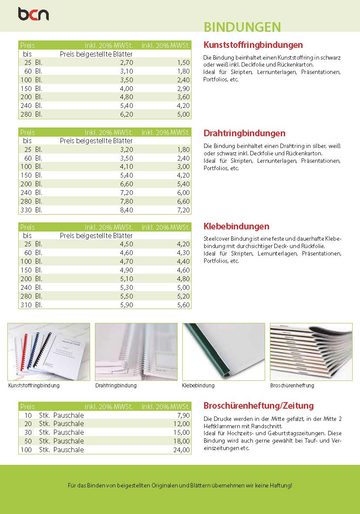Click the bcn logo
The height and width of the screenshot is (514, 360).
click(x=33, y=14)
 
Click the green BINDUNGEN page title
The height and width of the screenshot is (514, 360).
click(x=242, y=27)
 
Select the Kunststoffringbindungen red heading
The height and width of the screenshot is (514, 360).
click(x=253, y=45)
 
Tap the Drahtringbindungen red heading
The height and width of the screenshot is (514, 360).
click(x=244, y=133)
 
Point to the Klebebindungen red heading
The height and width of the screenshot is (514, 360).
click(x=236, y=226)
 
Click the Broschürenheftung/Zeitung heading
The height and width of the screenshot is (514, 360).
click(x=259, y=406)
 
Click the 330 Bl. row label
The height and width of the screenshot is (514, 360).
click(x=31, y=210)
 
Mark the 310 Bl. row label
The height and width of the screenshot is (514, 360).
click(x=31, y=305)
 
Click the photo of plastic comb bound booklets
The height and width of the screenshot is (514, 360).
click(x=49, y=352)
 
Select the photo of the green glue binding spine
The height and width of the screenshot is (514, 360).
click(x=223, y=352)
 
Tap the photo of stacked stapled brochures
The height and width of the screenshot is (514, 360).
click(x=311, y=352)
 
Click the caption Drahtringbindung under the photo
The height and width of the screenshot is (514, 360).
click(x=116, y=386)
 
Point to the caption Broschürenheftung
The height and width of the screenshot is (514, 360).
click(x=292, y=386)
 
